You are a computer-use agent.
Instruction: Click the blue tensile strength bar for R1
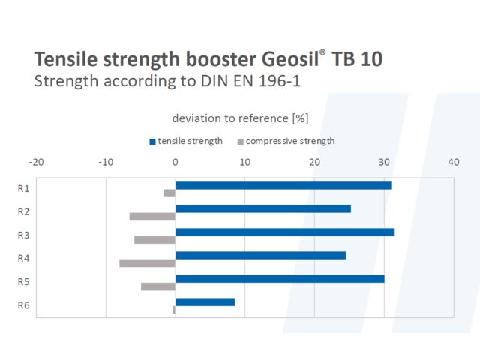[283, 185]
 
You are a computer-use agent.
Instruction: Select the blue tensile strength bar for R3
[284, 232]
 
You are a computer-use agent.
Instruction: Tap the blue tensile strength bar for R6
[205, 301]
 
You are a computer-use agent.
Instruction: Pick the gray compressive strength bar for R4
[147, 263]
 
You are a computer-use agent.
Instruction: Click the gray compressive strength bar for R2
[152, 217]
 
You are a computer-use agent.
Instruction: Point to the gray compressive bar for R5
[157, 286]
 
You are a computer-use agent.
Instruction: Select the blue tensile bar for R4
[260, 255]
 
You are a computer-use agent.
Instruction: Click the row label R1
[23, 189]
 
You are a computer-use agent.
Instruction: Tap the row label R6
[23, 305]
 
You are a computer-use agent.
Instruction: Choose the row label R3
[23, 235]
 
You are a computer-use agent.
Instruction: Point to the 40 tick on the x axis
[453, 162]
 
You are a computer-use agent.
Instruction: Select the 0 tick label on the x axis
[175, 162]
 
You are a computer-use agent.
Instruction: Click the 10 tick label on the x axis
[244, 162]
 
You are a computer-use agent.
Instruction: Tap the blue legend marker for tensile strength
[152, 141]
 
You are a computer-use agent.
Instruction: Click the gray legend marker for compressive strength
[241, 141]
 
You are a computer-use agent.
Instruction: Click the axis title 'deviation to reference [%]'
[240, 118]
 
